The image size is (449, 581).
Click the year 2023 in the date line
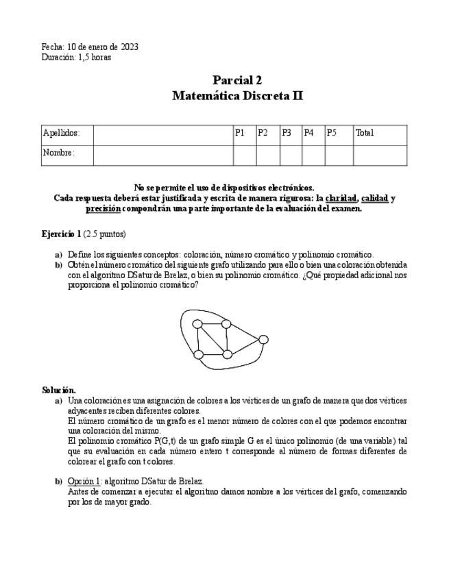(130, 47)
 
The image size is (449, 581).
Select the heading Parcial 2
(237, 81)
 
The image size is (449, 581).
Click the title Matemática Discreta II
(237, 97)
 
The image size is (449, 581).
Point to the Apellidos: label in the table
(61, 134)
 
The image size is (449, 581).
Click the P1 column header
(240, 134)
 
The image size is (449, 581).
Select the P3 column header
(287, 134)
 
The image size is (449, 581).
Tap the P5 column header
(332, 134)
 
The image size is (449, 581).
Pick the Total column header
(365, 134)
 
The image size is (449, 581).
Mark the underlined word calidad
(374, 199)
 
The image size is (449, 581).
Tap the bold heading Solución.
(59, 390)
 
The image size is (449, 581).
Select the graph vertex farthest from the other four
(263, 340)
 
